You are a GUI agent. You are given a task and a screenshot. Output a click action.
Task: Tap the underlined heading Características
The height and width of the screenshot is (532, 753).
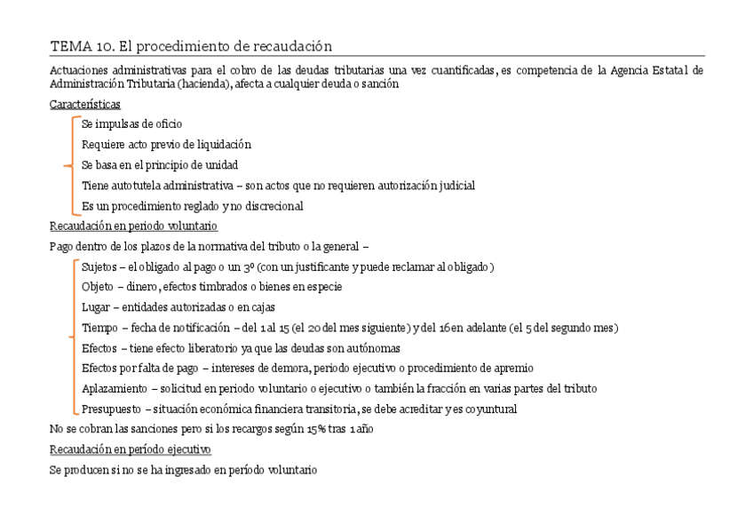click(x=85, y=104)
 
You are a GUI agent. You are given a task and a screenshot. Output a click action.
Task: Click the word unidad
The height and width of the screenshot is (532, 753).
click(x=219, y=165)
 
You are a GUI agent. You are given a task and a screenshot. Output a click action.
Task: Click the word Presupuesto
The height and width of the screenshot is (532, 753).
click(x=110, y=409)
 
